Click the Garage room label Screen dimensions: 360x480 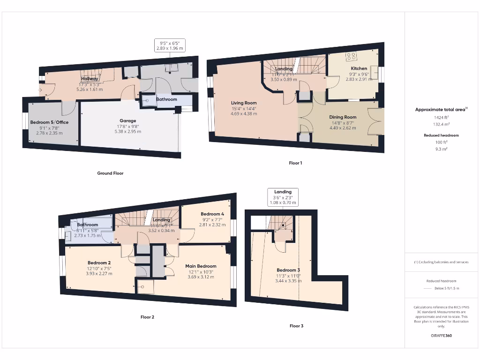pyautogui.click(x=127, y=121)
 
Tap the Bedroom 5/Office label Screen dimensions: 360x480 pyautogui.click(x=49, y=122)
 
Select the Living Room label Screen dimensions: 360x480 pyautogui.click(x=244, y=103)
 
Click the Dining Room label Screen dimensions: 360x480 pyautogui.click(x=343, y=117)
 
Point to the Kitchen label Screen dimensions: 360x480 pyautogui.click(x=359, y=68)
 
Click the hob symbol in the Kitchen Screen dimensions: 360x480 pyautogui.click(x=351, y=57)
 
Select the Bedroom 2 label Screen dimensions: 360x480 pyautogui.click(x=99, y=262)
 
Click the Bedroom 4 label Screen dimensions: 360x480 pyautogui.click(x=212, y=214)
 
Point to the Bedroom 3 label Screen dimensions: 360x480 pyautogui.click(x=288, y=270)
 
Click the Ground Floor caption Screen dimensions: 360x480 pyautogui.click(x=110, y=173)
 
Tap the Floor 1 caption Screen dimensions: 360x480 pyautogui.click(x=295, y=163)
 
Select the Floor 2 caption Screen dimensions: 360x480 pyautogui.click(x=147, y=317)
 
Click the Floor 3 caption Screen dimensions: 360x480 pyautogui.click(x=296, y=326)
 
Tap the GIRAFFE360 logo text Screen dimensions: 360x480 pyautogui.click(x=441, y=336)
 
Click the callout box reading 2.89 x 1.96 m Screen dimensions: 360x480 pyautogui.click(x=170, y=45)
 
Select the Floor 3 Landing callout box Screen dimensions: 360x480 pyautogui.click(x=283, y=197)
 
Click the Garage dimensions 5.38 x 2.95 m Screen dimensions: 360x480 pyautogui.click(x=127, y=132)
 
